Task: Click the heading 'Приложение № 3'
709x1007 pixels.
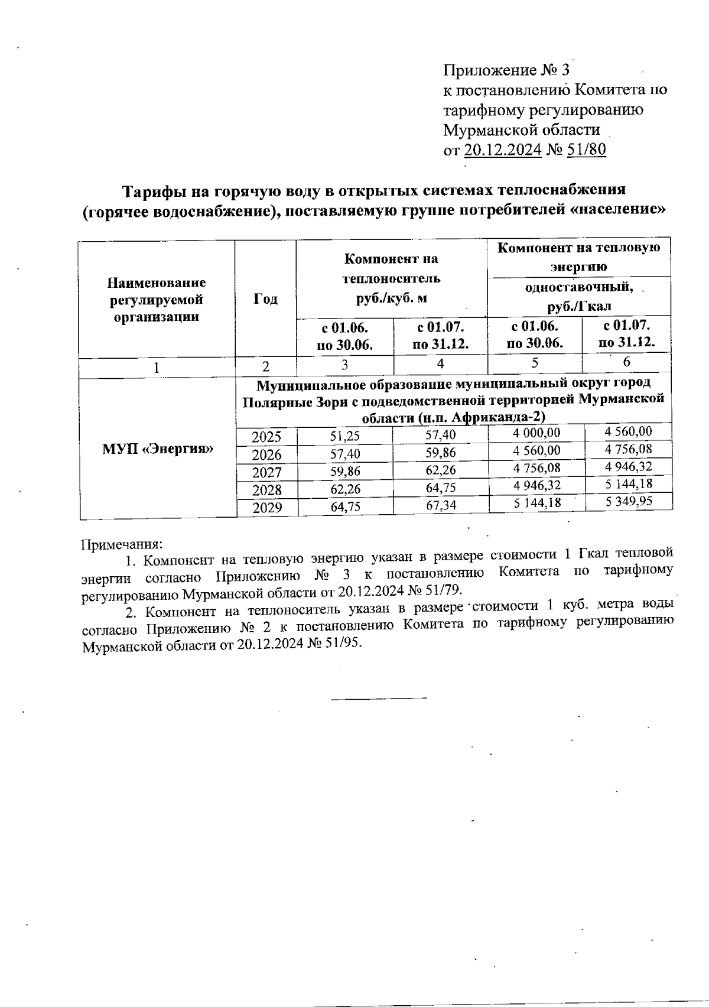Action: pyautogui.click(x=506, y=71)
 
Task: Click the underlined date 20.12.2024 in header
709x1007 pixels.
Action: pyautogui.click(x=503, y=150)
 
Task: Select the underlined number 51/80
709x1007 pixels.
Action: pyautogui.click(x=586, y=150)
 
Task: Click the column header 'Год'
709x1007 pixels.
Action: pyautogui.click(x=265, y=299)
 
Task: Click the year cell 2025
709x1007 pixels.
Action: pyautogui.click(x=266, y=437)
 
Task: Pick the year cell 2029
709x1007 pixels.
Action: pyautogui.click(x=266, y=508)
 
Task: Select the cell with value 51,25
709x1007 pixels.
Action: pyautogui.click(x=345, y=437)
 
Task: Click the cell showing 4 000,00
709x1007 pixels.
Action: pyautogui.click(x=536, y=433)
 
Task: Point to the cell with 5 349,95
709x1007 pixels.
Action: pyautogui.click(x=629, y=502)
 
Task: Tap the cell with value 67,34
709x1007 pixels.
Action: pyautogui.click(x=441, y=506)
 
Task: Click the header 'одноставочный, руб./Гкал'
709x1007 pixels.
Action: pyautogui.click(x=579, y=297)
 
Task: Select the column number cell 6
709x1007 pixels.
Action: pyautogui.click(x=627, y=362)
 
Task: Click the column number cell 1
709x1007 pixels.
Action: pyautogui.click(x=157, y=368)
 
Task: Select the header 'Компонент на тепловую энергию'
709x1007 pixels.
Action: pyautogui.click(x=579, y=256)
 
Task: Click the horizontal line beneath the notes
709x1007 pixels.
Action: pyautogui.click(x=379, y=699)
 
